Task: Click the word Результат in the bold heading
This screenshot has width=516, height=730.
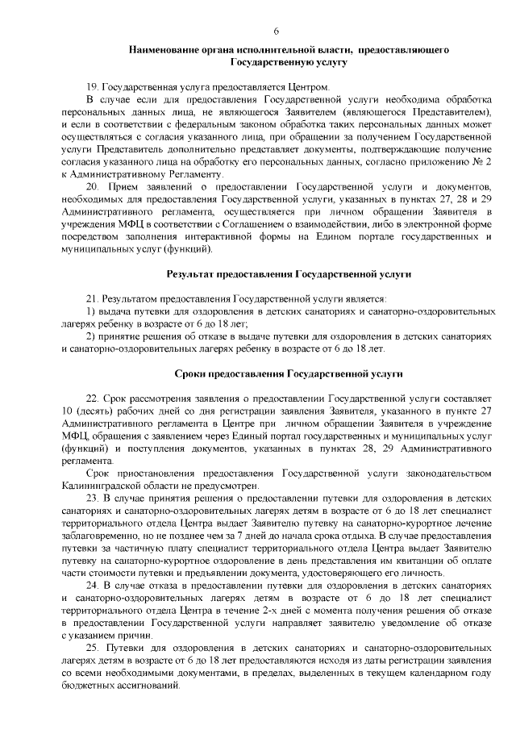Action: (x=196, y=275)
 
